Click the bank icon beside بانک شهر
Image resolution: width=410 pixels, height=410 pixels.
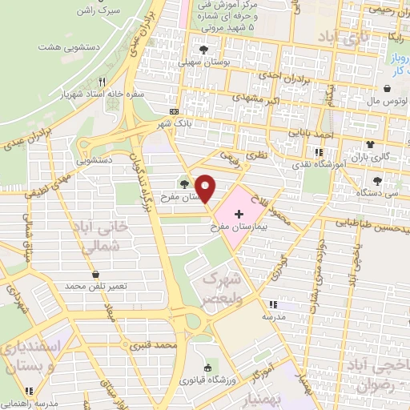pyautogui.click(x=175, y=111)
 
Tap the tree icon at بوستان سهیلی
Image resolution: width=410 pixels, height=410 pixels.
pyautogui.click(x=204, y=49)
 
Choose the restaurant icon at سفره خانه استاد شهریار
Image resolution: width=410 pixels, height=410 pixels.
pyautogui.click(x=102, y=82)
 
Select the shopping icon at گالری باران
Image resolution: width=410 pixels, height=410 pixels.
pyautogui.click(x=370, y=144)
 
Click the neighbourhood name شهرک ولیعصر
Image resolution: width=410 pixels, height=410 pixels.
pyautogui.click(x=223, y=287)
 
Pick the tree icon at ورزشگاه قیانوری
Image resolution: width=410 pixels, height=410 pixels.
pyautogui.click(x=207, y=367)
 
